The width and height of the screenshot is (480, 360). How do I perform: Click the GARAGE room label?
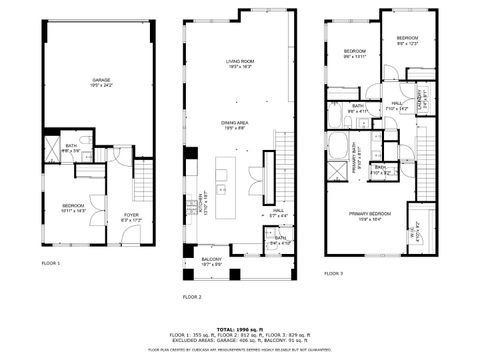click(100, 79)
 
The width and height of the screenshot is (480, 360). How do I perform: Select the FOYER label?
click(131, 215)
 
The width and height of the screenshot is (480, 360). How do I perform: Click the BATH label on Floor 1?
click(71, 147)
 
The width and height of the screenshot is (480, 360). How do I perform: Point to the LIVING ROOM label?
click(240, 63)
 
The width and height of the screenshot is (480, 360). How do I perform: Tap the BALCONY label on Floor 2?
click(210, 260)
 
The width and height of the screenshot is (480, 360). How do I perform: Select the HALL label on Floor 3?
click(397, 105)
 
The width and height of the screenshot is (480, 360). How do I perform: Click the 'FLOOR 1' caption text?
click(51, 263)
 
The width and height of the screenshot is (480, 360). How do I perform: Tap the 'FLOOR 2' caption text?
click(193, 297)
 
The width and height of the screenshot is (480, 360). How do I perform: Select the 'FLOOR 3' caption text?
click(334, 272)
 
